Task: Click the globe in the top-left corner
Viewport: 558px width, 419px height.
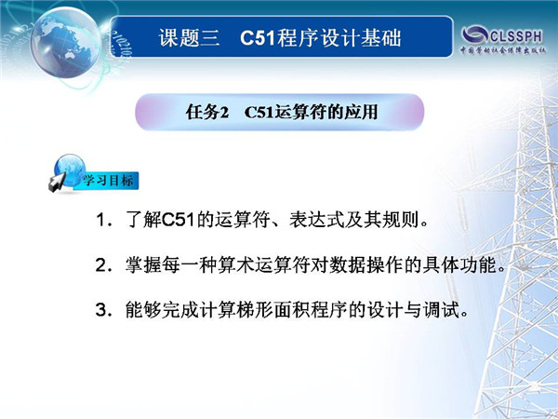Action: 66,43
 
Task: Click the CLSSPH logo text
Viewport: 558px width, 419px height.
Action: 516,35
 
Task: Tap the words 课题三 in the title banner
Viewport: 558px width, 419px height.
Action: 190,37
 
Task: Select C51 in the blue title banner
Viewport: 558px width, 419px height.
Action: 258,38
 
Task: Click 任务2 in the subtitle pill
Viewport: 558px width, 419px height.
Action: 206,113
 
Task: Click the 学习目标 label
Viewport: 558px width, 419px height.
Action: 108,181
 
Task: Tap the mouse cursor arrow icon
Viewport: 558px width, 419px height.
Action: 57,182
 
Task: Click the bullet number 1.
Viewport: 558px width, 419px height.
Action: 100,220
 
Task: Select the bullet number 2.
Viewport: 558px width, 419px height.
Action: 101,265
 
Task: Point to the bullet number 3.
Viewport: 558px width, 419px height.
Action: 101,310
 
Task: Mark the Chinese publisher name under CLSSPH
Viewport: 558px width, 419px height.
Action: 503,50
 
